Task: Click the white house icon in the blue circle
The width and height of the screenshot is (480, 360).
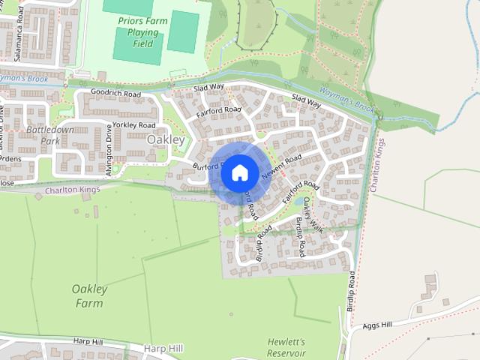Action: click(x=239, y=173)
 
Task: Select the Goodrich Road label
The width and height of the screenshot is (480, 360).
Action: click(x=115, y=94)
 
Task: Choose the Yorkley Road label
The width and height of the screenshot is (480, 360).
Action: click(x=133, y=124)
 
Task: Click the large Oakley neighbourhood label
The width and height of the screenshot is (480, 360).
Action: click(x=166, y=139)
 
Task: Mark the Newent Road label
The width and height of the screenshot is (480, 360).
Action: click(x=282, y=166)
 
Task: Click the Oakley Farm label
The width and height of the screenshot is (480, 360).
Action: click(x=90, y=295)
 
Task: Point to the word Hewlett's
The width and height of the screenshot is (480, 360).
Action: click(x=286, y=342)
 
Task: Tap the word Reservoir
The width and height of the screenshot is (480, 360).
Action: click(x=286, y=352)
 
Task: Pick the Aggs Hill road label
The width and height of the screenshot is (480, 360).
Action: click(x=377, y=325)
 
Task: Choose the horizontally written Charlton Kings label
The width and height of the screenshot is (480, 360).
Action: click(x=72, y=190)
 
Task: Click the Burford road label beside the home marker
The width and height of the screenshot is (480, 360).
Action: click(x=204, y=166)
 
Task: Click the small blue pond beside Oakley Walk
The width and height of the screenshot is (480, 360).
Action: click(x=300, y=201)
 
